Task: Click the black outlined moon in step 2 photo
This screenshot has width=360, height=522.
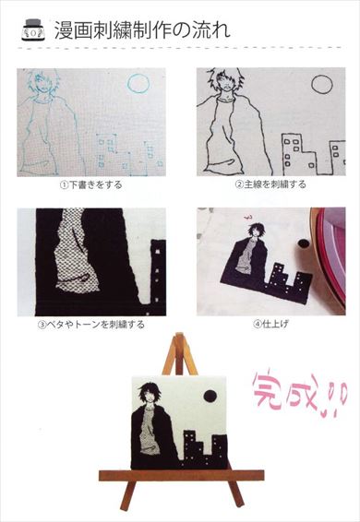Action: pos(320,85)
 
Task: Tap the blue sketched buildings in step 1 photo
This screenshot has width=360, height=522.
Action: pos(125,152)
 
